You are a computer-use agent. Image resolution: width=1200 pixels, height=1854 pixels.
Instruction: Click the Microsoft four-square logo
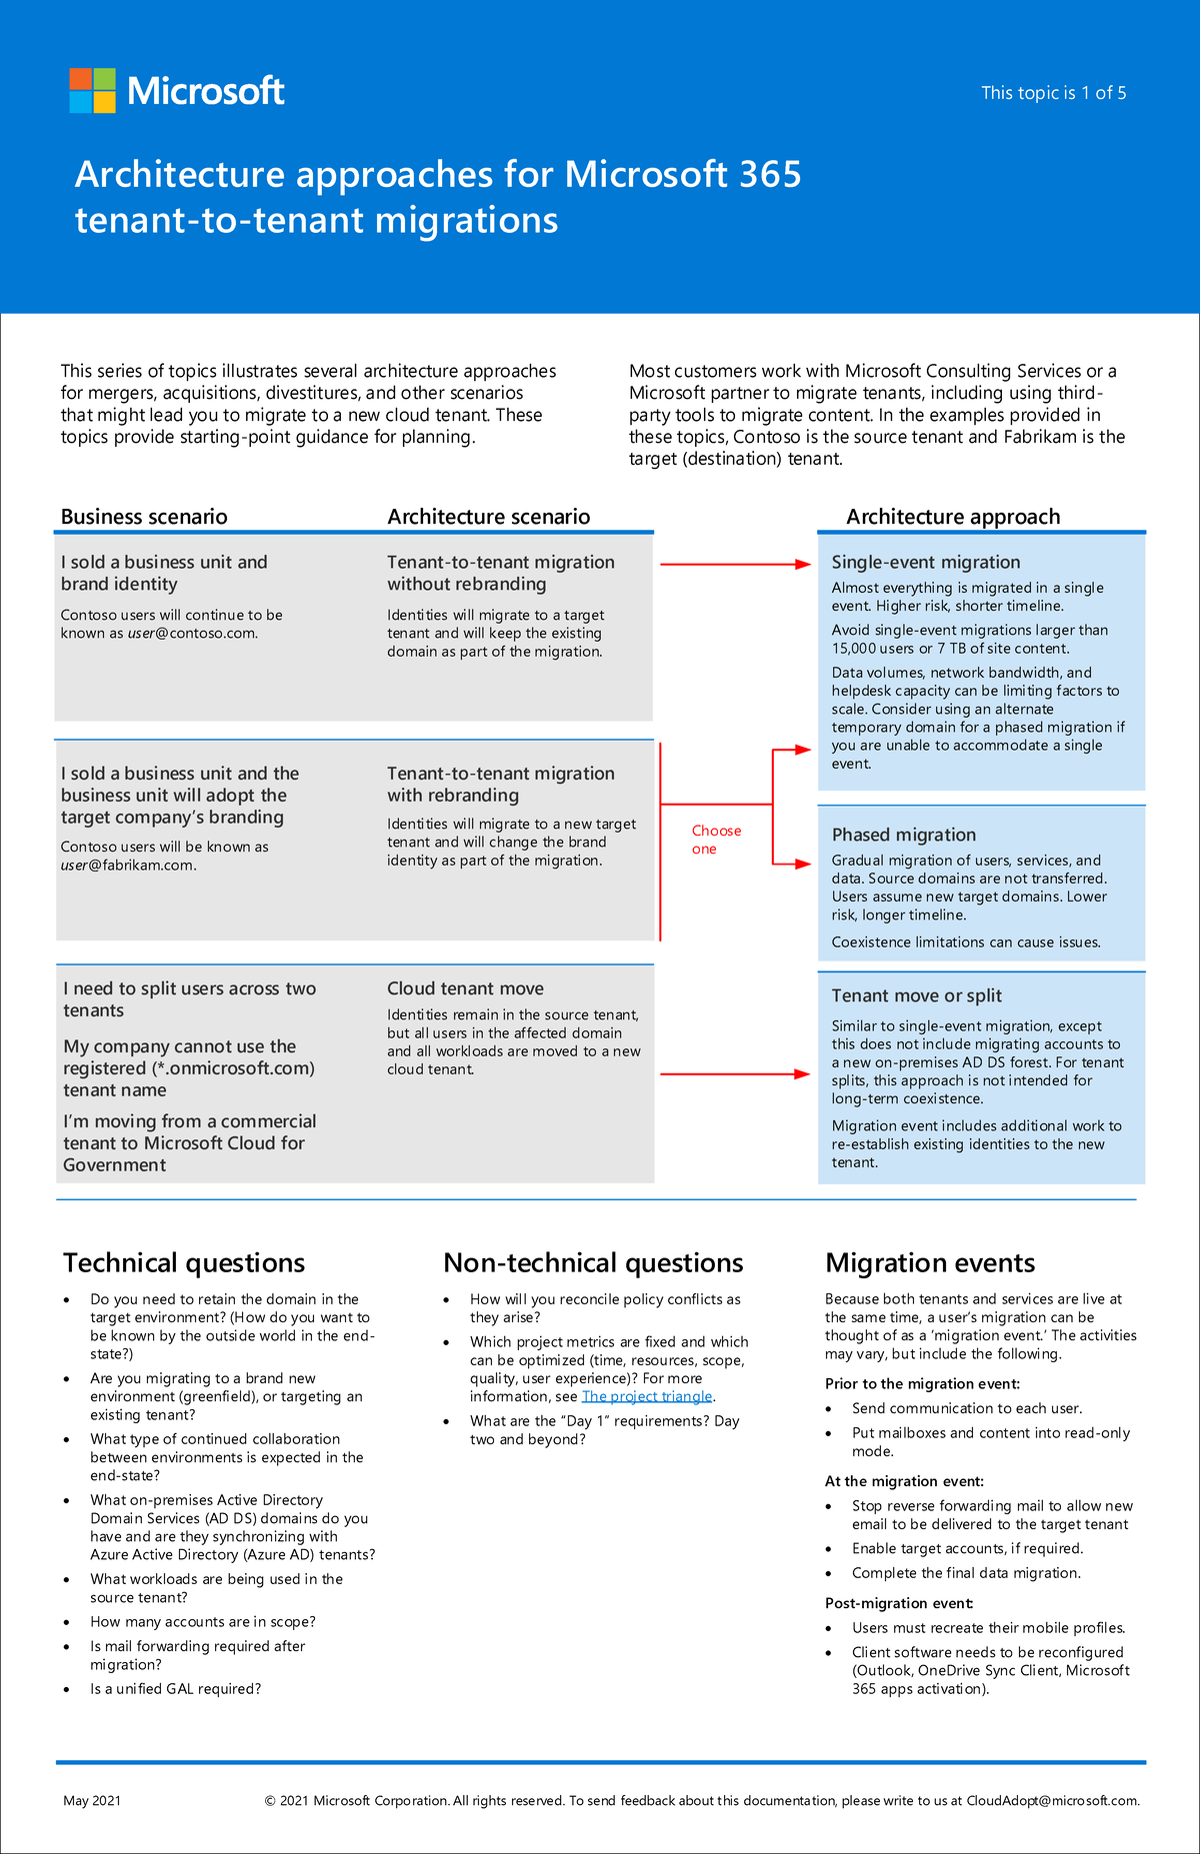click(92, 91)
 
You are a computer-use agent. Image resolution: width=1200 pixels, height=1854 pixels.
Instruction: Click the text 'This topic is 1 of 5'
click(1053, 93)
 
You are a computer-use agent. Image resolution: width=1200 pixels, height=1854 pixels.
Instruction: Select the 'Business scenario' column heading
click(144, 517)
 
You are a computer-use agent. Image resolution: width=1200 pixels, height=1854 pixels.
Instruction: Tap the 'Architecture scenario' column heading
click(488, 517)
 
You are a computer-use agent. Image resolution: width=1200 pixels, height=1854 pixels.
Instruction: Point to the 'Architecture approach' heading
click(952, 517)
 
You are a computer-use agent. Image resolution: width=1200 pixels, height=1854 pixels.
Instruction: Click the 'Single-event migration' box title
click(925, 562)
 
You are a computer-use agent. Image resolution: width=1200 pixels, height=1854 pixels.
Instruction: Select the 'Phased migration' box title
click(903, 835)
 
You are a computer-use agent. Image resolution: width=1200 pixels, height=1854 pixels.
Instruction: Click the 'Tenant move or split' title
click(916, 995)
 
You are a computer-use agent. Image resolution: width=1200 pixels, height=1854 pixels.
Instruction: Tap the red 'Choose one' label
click(715, 840)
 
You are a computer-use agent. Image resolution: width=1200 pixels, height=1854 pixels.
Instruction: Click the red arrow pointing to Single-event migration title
click(735, 565)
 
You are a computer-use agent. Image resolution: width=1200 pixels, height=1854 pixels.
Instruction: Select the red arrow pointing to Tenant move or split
click(735, 1074)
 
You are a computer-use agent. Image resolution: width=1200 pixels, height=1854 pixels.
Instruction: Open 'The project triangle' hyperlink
click(647, 1396)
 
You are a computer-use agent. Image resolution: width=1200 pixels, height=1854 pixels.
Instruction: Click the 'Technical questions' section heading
click(184, 1262)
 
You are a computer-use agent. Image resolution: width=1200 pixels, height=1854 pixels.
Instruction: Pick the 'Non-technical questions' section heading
click(593, 1262)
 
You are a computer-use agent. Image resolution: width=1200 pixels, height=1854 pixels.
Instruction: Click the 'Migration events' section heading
click(929, 1262)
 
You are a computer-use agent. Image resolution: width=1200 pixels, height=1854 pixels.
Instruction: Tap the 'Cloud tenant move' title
click(465, 988)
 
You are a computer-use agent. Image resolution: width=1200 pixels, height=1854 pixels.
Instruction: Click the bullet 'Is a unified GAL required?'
click(175, 1689)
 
